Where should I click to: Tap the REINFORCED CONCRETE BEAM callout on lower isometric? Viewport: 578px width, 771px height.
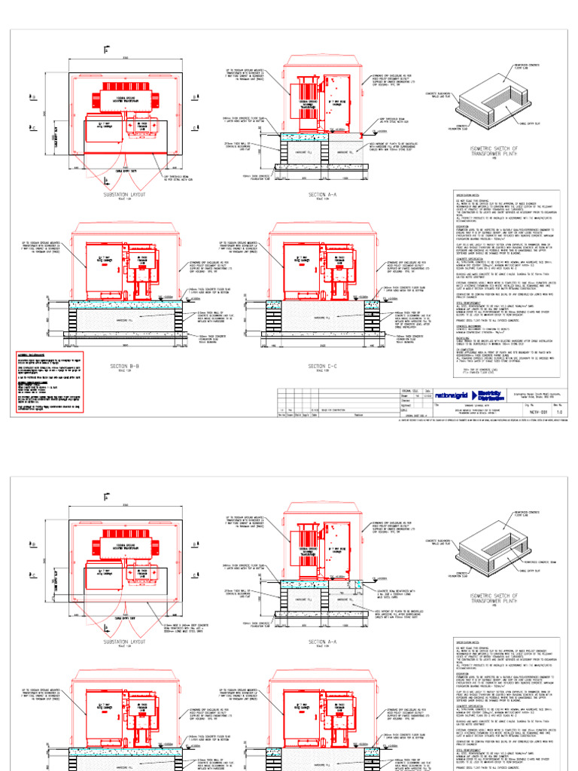point(543,561)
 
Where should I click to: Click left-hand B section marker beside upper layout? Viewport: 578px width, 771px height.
point(32,97)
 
